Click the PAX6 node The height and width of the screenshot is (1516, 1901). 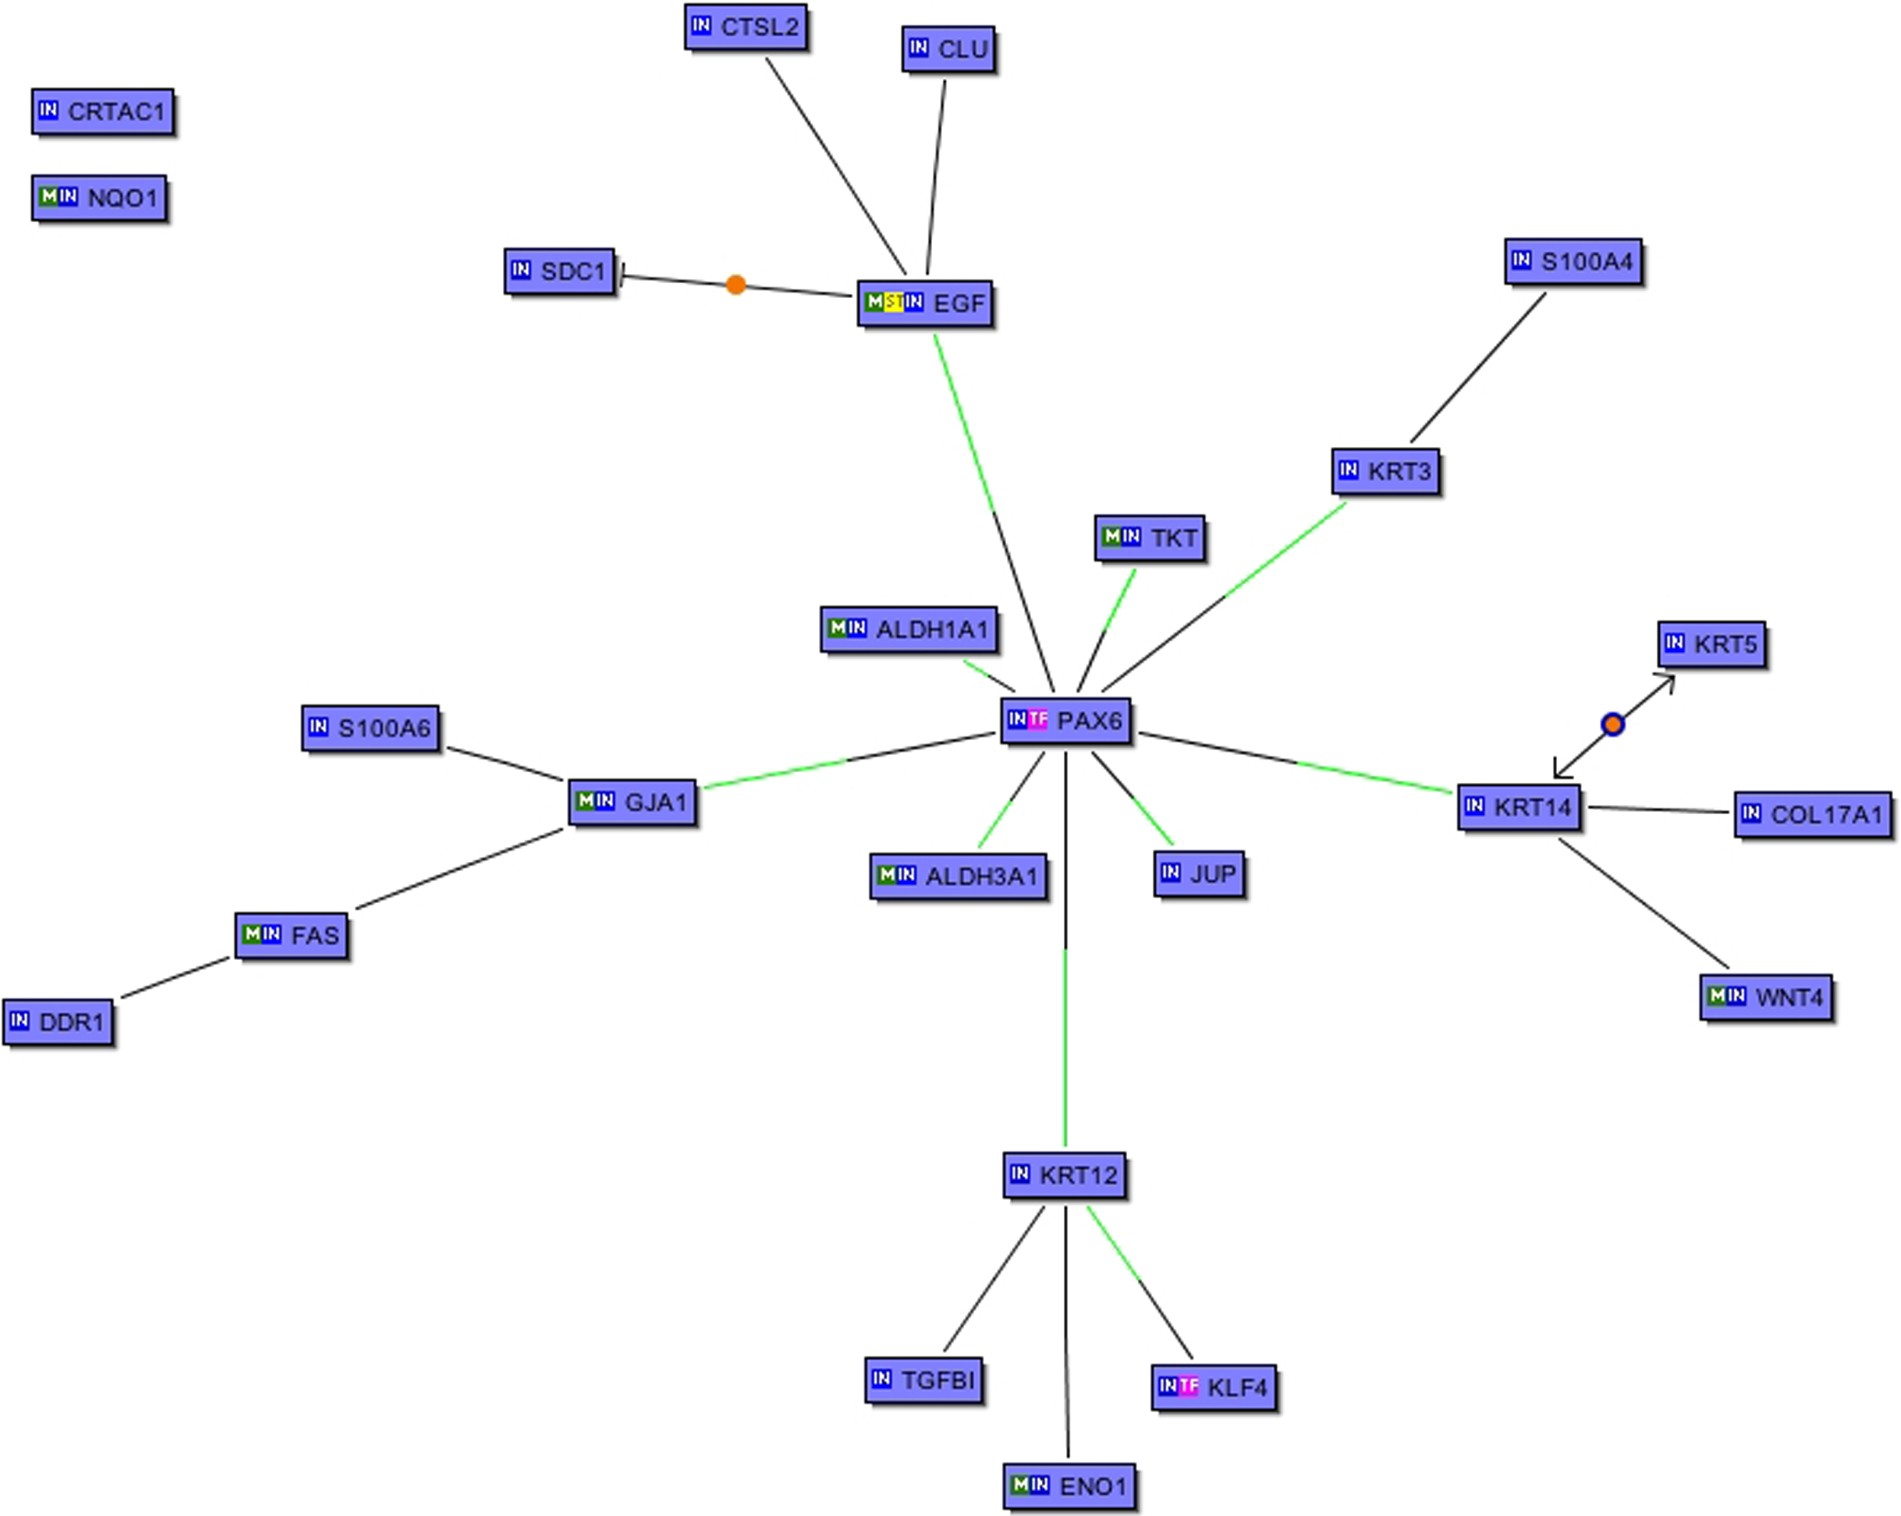point(1065,721)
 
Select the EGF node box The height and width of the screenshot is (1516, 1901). point(924,303)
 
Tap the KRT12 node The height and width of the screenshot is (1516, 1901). point(1064,1175)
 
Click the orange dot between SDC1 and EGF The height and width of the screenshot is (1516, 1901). point(735,284)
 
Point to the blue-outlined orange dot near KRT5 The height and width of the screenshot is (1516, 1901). point(1613,724)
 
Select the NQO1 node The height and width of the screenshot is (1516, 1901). point(99,197)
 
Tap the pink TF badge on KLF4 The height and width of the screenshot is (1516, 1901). point(1188,1386)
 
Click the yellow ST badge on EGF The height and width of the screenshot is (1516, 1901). point(893,302)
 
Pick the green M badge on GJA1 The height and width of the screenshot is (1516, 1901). point(585,800)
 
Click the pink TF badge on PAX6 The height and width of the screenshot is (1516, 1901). point(1038,719)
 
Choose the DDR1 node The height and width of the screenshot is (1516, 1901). point(58,1022)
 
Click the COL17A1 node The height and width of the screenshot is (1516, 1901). point(1813,814)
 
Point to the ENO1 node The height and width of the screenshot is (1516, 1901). point(1070,1486)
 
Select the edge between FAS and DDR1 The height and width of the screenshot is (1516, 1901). point(174,978)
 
